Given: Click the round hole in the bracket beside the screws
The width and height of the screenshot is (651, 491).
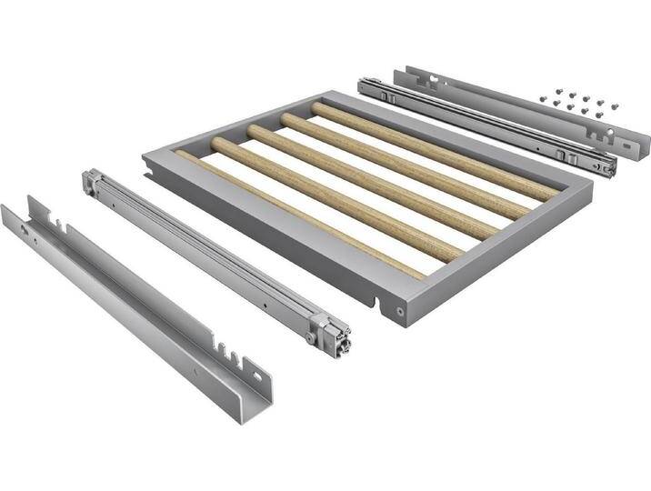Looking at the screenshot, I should coord(627,141).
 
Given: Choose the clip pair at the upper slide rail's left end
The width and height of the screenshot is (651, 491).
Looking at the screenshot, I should coord(387,94).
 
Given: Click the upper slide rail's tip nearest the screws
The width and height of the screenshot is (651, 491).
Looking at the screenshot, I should coord(610,167).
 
